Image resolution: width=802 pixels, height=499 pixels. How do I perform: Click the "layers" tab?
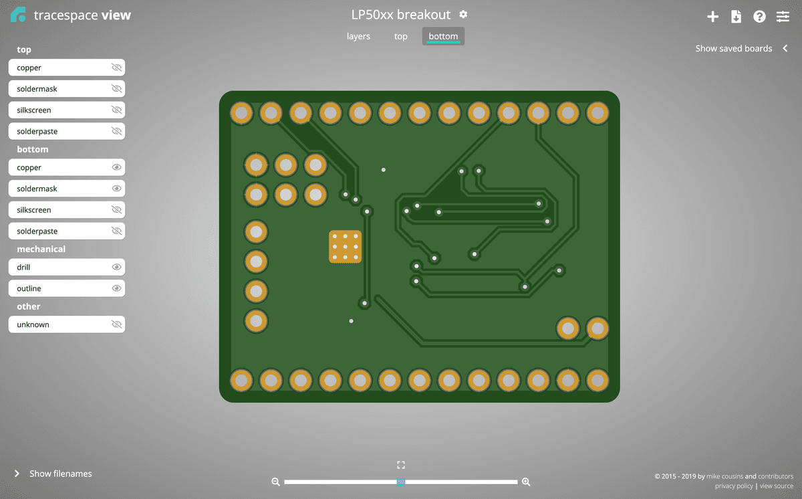(x=358, y=36)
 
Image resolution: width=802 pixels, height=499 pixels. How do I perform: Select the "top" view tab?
(x=401, y=36)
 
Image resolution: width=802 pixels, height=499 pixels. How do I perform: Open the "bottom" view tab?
(x=443, y=36)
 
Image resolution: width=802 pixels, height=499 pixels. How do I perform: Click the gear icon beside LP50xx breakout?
(x=464, y=15)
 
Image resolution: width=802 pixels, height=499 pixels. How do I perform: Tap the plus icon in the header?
(x=712, y=17)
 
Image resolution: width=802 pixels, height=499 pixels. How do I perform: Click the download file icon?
(x=736, y=17)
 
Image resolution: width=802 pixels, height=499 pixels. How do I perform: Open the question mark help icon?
(x=759, y=17)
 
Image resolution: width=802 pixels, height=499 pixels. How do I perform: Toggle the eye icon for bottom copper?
(x=116, y=167)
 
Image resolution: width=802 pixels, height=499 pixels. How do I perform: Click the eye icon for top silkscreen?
(x=116, y=110)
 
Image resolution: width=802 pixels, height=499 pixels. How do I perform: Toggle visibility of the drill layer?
(x=116, y=267)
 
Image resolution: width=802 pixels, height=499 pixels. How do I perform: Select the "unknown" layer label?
(x=33, y=324)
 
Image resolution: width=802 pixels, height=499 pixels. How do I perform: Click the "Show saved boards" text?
(x=733, y=48)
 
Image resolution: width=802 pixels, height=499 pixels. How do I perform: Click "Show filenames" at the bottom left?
(x=60, y=474)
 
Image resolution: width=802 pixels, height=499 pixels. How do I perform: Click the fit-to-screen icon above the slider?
(x=401, y=465)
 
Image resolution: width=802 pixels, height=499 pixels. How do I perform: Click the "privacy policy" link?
(x=734, y=486)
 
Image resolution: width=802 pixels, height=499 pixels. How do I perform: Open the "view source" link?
(x=777, y=486)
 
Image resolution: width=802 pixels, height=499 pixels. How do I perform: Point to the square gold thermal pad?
(x=346, y=247)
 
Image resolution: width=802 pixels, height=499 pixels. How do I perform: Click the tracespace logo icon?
(x=18, y=15)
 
